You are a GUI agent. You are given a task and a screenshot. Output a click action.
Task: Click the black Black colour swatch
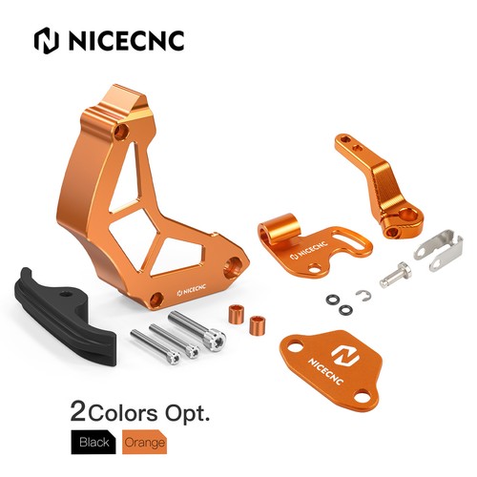coord(93,442)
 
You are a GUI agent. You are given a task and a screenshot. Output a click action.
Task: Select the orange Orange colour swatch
coord(145,442)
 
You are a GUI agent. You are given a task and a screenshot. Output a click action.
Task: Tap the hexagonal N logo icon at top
coord(47,40)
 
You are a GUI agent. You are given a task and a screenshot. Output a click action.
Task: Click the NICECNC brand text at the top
coord(127,40)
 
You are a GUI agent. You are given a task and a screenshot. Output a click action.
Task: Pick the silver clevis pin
coord(396,275)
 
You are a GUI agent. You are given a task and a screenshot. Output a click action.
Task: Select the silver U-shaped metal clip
coord(439,251)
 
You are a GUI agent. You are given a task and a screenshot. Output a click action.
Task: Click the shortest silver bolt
coord(156,347)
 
